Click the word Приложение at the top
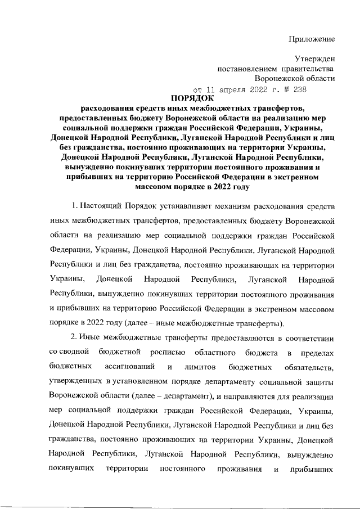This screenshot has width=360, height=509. point(312,39)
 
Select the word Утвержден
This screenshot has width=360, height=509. point(315,58)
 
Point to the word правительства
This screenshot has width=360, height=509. point(308,69)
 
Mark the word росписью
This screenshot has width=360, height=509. point(168,353)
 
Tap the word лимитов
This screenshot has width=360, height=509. point(201,367)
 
